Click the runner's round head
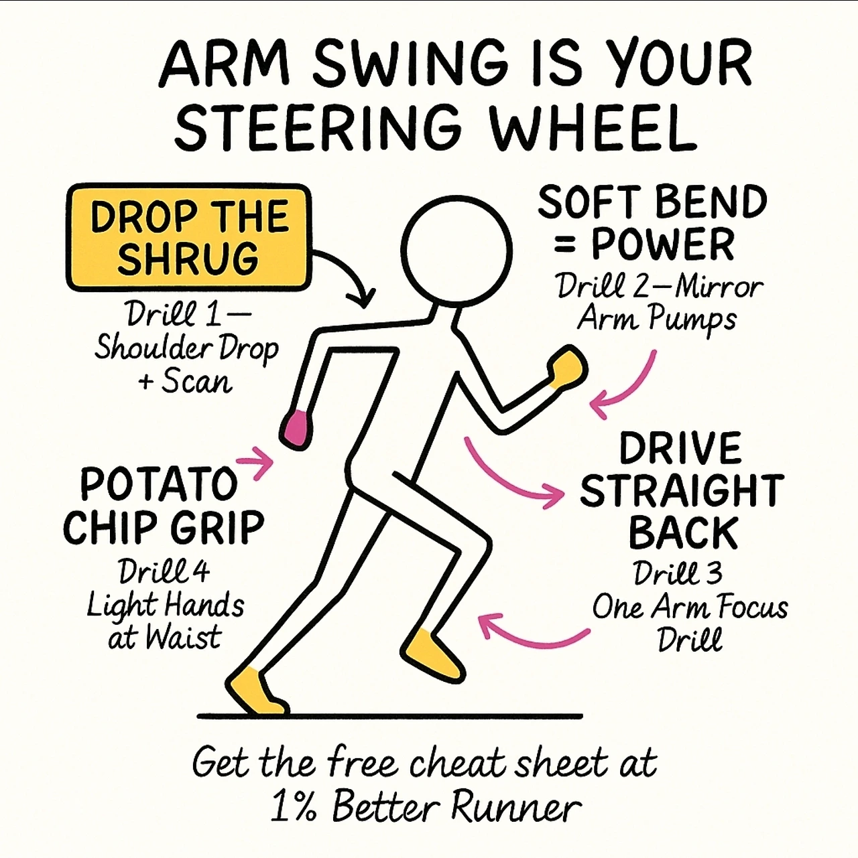(456, 251)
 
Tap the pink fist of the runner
(295, 429)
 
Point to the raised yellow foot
(432, 654)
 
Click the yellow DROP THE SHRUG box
(189, 237)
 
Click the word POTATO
(159, 484)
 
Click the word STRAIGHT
(682, 490)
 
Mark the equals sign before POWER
(564, 246)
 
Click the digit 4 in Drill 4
(202, 571)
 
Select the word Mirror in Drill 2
(718, 287)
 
